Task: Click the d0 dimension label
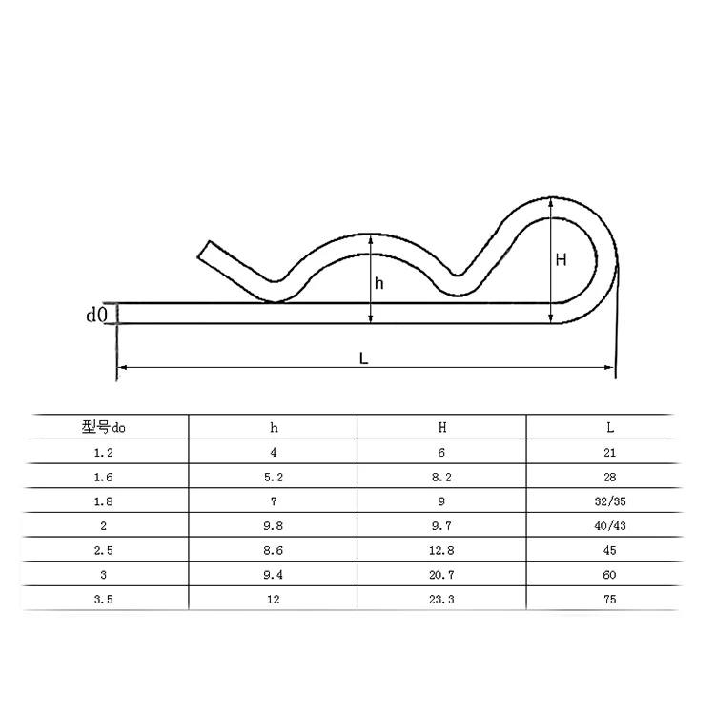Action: (x=96, y=316)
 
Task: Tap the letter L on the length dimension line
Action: (x=363, y=358)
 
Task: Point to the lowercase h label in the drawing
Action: (x=378, y=284)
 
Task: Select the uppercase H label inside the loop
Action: (x=561, y=260)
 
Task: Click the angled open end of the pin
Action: (x=204, y=250)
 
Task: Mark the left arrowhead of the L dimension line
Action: (x=122, y=367)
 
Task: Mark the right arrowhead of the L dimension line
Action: (x=609, y=367)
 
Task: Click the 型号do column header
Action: (x=104, y=427)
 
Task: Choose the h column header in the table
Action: (x=274, y=427)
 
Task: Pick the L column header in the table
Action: (x=610, y=427)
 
